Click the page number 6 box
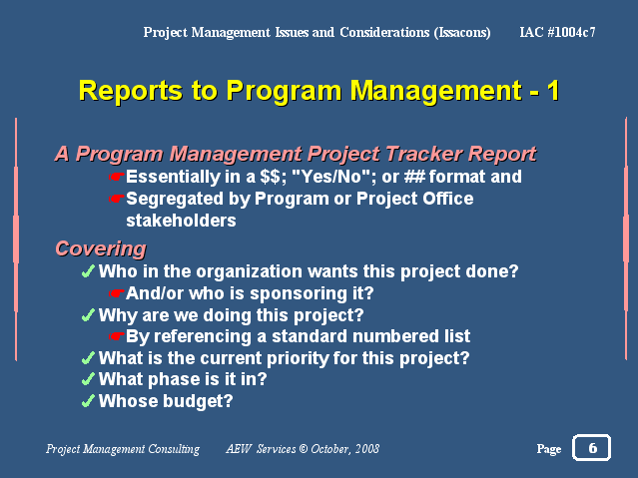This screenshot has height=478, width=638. click(x=591, y=447)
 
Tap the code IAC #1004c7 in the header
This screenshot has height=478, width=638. click(x=557, y=32)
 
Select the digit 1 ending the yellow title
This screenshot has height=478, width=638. click(x=553, y=91)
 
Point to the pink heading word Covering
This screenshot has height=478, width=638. click(x=101, y=248)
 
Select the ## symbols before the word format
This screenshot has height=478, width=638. click(x=414, y=177)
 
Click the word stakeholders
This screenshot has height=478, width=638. click(x=181, y=221)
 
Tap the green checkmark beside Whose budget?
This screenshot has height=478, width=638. click(x=88, y=401)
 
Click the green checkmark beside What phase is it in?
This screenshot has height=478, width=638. click(x=88, y=379)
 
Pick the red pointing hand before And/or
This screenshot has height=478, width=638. click(x=117, y=293)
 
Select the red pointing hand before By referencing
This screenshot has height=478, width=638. click(x=117, y=336)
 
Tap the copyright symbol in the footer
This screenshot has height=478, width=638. click(x=304, y=449)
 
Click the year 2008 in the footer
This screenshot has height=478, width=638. click(x=367, y=449)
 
